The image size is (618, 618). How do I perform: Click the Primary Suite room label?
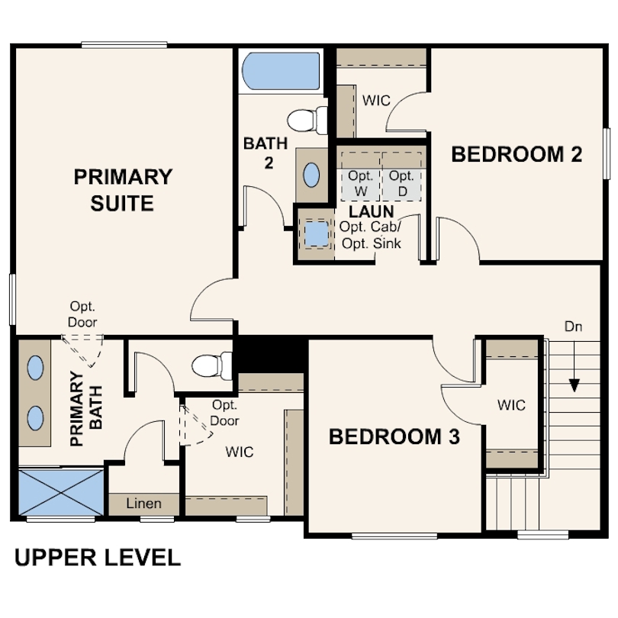[x=123, y=189]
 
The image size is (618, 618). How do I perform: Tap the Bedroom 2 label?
[x=517, y=154]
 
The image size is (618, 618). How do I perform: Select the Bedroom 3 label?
[x=394, y=436]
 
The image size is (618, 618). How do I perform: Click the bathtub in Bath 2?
[x=281, y=72]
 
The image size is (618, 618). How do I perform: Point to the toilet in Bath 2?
[x=307, y=120]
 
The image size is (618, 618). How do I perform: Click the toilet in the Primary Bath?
[x=212, y=365]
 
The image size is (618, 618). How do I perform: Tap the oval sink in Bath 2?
[x=311, y=175]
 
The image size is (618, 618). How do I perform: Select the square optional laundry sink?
[x=317, y=233]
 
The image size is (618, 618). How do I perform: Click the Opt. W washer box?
[x=361, y=185]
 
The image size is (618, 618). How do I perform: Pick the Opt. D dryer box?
[x=401, y=185]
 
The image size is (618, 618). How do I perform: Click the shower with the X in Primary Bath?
[x=61, y=492]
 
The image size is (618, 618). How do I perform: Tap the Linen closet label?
[x=144, y=504]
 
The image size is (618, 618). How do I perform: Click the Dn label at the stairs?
[x=574, y=327]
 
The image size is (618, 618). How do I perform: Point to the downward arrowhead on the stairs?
[x=575, y=385]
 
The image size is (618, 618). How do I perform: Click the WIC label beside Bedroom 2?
[x=376, y=101]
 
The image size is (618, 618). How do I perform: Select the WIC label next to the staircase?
[x=512, y=405]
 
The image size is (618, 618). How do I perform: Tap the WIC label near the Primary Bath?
[x=240, y=452]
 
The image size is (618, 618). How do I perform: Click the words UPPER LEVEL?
[x=98, y=558]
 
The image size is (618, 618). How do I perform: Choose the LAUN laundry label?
[x=372, y=211]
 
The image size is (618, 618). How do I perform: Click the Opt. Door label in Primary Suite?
[x=82, y=314]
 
